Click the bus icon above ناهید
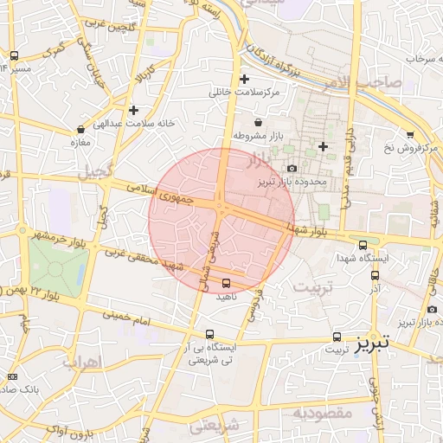coord(227,283)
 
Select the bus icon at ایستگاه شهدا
coord(363,245)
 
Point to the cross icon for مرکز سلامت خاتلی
coord(245,80)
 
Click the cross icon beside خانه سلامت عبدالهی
coord(133,111)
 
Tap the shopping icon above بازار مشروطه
coord(260,123)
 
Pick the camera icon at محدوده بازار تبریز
coord(292,168)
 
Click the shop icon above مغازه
coord(80,129)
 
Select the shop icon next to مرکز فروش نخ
coord(409,134)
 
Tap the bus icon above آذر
coord(375,275)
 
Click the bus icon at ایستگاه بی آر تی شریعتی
coord(210,334)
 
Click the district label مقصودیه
coord(322,414)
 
